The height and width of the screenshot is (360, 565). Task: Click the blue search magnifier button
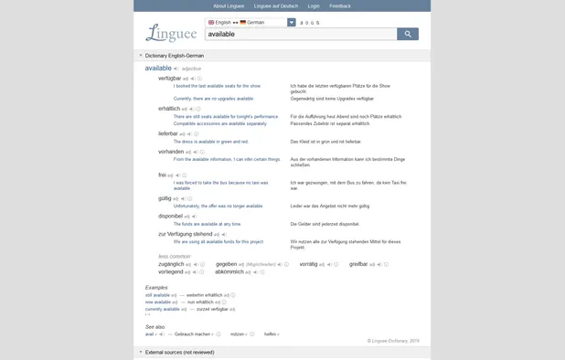(408, 34)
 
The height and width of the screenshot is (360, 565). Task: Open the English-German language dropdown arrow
(292, 21)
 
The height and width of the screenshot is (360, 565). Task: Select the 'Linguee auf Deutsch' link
(276, 5)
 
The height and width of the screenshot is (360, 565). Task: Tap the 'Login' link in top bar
(314, 5)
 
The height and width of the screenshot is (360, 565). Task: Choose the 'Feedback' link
(340, 5)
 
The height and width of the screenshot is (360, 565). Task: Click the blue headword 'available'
(158, 69)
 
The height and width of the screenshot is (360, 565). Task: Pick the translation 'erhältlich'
(169, 109)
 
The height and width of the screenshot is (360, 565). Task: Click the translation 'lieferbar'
(168, 133)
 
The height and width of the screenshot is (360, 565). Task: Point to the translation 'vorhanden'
(170, 151)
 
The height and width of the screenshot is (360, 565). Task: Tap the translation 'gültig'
(165, 197)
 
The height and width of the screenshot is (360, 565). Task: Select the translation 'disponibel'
(171, 216)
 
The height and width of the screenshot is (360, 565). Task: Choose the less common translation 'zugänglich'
(171, 263)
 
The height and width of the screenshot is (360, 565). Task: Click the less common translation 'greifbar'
(358, 263)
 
